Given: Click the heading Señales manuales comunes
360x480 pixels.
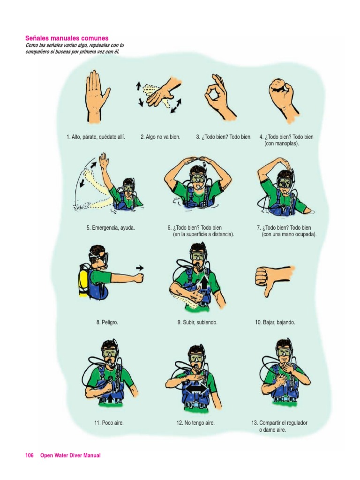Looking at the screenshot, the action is (67, 38).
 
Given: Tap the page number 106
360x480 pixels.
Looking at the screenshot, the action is (29, 455).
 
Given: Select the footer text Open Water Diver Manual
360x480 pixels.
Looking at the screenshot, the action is (70, 455).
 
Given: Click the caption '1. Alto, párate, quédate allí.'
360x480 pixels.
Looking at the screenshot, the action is (96, 137).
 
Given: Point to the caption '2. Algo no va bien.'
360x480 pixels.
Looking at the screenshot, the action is (160, 137).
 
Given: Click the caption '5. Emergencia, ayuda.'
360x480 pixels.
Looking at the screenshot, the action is (111, 228).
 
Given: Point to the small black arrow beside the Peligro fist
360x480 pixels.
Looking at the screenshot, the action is (140, 268).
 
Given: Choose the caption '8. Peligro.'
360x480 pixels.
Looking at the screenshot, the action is (107, 322).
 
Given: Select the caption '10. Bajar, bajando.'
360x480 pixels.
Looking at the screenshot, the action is (275, 322).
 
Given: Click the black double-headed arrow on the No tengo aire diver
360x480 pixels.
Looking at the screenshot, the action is (197, 389).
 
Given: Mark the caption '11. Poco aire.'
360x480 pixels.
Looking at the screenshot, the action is (109, 423).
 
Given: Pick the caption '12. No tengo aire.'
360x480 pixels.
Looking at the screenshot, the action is (195, 423).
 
